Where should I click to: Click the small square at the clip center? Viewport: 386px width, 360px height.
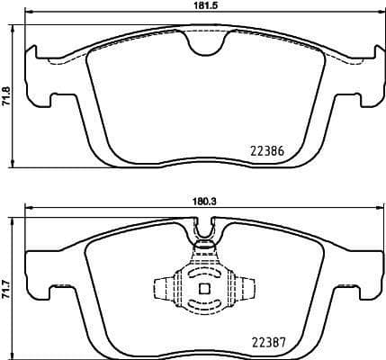pyautogui.click(x=203, y=289)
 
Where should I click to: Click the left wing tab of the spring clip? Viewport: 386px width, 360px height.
pyautogui.click(x=163, y=289)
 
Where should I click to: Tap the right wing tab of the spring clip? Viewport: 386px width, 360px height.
pyautogui.click(x=244, y=289)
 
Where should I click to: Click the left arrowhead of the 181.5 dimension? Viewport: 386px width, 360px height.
pyautogui.click(x=30, y=15)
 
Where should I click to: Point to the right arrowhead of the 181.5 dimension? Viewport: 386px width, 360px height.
pyautogui.click(x=375, y=15)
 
